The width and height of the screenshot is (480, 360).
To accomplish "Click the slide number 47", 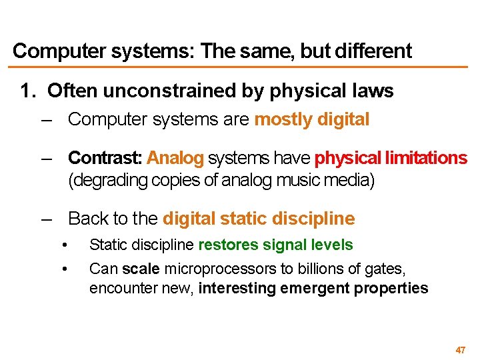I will (460, 350).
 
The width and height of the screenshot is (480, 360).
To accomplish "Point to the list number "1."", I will (28, 90).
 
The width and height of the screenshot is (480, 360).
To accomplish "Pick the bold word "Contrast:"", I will (105, 158).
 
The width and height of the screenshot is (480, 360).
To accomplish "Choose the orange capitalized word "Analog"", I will (175, 158).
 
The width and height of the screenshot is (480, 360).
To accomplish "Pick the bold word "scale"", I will (141, 269).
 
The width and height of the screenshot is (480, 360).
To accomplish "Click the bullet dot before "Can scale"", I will (65, 269).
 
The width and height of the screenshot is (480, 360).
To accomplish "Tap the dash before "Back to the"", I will (45, 219).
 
